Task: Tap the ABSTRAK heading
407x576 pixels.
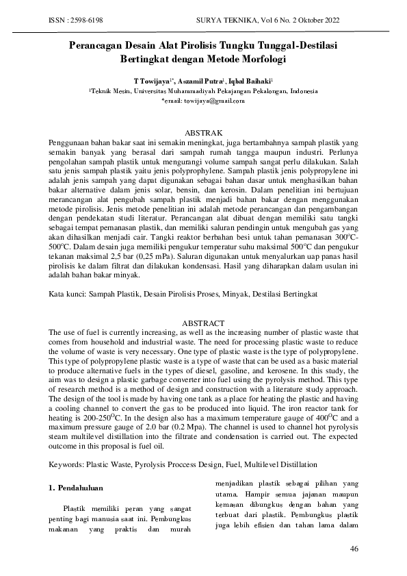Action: (205, 132)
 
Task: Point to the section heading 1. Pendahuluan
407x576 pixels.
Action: (75, 489)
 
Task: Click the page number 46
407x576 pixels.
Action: (354, 549)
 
